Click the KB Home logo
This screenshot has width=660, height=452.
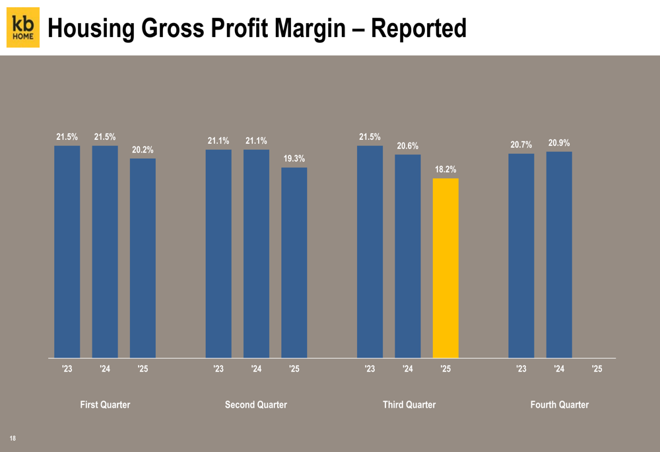tap(23, 28)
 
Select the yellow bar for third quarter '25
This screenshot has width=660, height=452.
tap(445, 268)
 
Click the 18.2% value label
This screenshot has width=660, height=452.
tap(445, 170)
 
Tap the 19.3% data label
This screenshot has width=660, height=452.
tap(294, 159)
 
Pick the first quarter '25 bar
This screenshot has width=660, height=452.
tap(143, 258)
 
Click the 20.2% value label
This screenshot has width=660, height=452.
tap(143, 150)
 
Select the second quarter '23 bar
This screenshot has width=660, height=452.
tap(218, 253)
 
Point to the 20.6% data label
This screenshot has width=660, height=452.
tap(407, 146)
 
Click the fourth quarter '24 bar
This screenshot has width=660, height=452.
tap(559, 255)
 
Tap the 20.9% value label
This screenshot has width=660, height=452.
tap(559, 143)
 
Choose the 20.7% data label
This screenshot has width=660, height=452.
tap(521, 145)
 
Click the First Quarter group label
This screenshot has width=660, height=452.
tap(105, 404)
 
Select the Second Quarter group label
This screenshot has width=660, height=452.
tap(256, 404)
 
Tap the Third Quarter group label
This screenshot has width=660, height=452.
tap(409, 404)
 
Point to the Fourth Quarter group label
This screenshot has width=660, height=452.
tap(560, 404)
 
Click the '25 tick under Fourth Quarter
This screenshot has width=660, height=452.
tap(597, 370)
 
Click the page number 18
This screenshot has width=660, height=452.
tap(13, 438)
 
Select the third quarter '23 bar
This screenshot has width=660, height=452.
tap(370, 251)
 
